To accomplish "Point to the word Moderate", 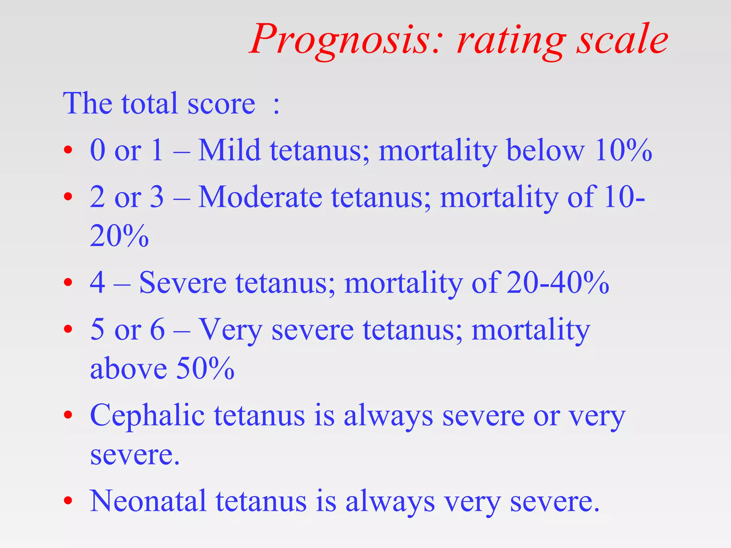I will click(260, 197).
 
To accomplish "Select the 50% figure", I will click(205, 368).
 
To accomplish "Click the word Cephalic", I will click(147, 416).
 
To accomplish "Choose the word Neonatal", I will click(148, 501).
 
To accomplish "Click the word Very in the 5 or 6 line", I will click(230, 330).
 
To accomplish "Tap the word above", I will click(128, 368).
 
